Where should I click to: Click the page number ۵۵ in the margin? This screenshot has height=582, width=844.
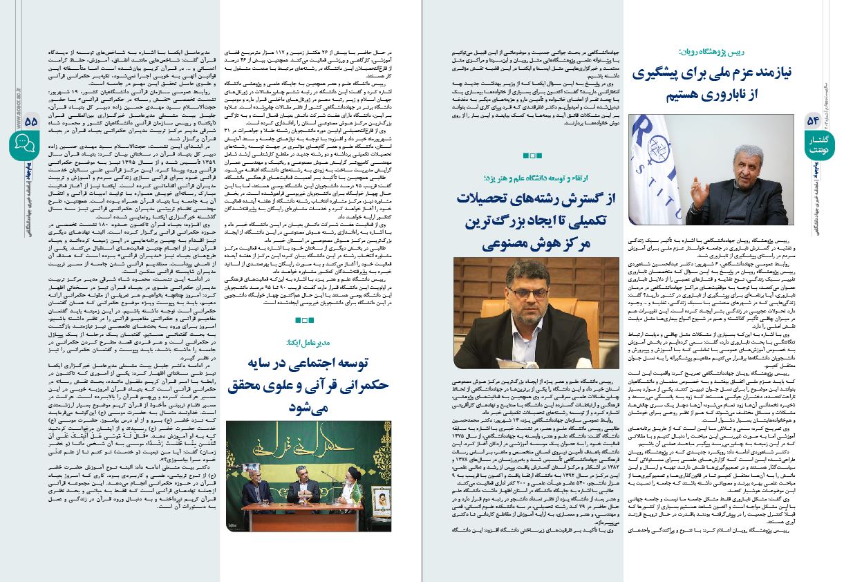(x=30, y=120)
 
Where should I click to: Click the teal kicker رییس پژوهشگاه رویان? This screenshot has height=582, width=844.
(x=721, y=51)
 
